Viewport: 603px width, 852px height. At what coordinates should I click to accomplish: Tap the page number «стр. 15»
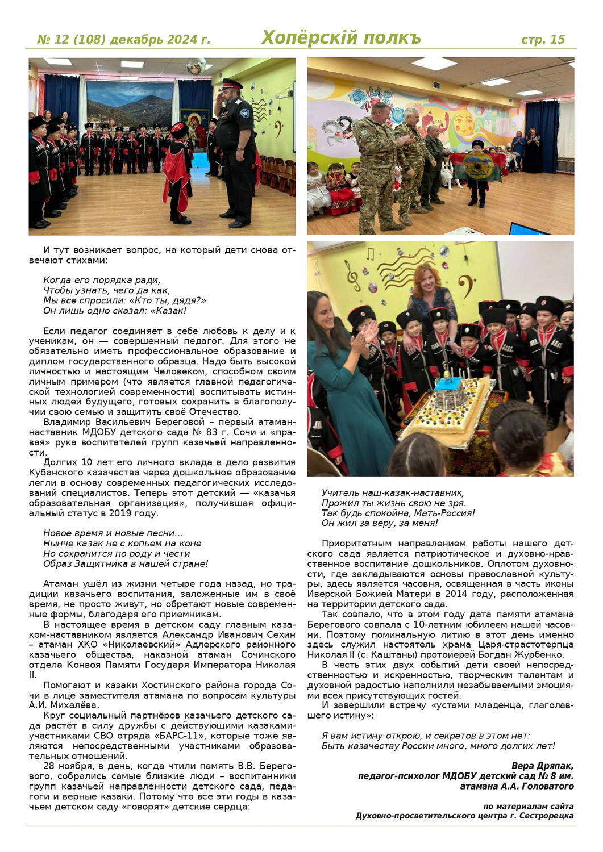[543, 39]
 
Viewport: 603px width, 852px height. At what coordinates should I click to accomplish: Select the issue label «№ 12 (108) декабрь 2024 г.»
[123, 40]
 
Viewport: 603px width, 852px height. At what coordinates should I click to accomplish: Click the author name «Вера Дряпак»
[542, 766]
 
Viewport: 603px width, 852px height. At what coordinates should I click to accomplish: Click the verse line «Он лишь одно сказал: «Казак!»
[115, 311]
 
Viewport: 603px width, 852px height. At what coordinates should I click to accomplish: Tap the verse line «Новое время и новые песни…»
[113, 533]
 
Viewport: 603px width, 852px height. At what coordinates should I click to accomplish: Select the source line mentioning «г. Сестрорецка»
[464, 816]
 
